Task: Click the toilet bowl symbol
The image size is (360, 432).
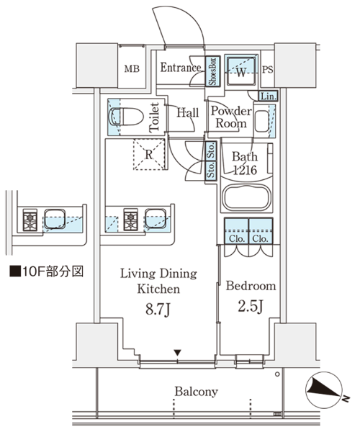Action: (x=126, y=117)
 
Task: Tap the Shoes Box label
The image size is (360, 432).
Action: (x=213, y=71)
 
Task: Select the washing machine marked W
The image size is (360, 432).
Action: (x=241, y=71)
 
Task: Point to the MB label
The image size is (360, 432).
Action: (x=132, y=68)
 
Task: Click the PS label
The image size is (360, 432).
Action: (x=267, y=70)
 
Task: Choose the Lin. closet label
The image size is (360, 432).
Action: (x=269, y=96)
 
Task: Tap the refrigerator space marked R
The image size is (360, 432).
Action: (x=149, y=155)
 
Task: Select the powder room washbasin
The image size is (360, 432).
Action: (x=261, y=121)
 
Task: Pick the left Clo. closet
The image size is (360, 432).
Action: (x=237, y=231)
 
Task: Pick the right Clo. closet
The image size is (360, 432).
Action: (x=261, y=231)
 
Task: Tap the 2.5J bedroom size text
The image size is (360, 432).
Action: (x=251, y=306)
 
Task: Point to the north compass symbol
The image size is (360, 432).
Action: (x=325, y=390)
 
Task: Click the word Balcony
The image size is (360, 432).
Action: (x=196, y=392)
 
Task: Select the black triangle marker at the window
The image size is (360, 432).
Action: (x=178, y=352)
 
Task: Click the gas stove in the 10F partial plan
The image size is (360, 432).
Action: (x=30, y=220)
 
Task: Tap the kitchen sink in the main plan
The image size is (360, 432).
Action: (x=156, y=219)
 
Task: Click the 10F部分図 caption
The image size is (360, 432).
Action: (x=47, y=271)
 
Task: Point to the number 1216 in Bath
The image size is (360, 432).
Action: (x=246, y=170)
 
